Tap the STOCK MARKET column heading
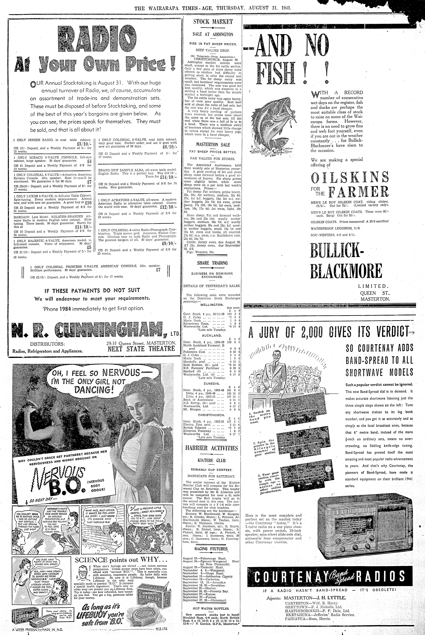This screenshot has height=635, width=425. (x=213, y=22)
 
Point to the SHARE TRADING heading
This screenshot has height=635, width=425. (x=212, y=263)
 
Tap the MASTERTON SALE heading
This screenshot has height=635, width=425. (x=213, y=145)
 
